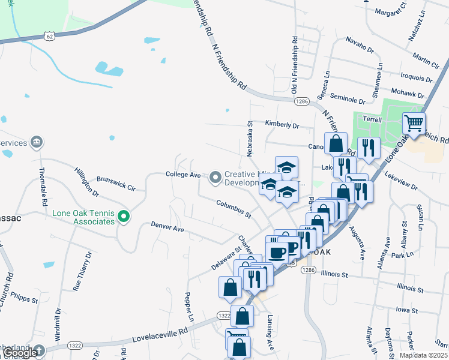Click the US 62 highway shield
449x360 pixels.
(49, 37)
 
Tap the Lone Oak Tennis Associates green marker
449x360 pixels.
(124, 216)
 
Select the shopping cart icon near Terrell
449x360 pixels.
(414, 124)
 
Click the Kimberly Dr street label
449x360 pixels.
(282, 125)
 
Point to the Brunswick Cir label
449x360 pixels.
(116, 182)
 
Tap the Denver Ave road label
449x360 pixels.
(167, 228)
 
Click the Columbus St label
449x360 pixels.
(234, 209)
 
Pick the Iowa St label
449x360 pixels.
(406, 310)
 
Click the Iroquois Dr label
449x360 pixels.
(416, 77)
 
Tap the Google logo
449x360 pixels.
(20, 353)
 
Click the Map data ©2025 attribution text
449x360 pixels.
(423, 355)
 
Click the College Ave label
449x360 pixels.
(182, 174)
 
